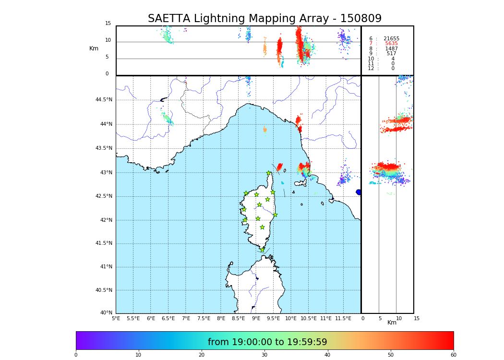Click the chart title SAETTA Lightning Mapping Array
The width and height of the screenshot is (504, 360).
(264, 19)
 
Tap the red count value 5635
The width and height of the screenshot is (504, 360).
(391, 44)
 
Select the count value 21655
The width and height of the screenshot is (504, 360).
(391, 39)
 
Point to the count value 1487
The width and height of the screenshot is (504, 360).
(391, 49)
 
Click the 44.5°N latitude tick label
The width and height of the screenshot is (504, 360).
(104, 100)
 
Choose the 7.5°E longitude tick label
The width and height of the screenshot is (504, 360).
(204, 319)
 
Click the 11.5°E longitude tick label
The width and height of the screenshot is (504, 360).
(343, 319)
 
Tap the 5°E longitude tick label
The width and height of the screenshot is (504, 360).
(116, 319)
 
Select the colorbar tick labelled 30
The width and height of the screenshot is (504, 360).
(264, 355)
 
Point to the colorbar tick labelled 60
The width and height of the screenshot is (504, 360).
(453, 355)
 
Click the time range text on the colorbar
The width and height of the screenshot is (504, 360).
(267, 342)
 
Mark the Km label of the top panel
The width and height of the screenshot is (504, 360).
(94, 48)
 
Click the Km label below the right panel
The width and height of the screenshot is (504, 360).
(392, 323)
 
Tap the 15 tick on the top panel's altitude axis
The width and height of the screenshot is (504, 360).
(108, 24)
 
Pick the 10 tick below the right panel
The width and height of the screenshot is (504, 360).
(399, 319)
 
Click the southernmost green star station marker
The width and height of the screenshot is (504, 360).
(262, 250)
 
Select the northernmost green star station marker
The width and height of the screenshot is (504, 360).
(269, 173)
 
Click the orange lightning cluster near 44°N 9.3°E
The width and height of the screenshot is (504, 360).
(264, 129)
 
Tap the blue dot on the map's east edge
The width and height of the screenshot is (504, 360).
(359, 192)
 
